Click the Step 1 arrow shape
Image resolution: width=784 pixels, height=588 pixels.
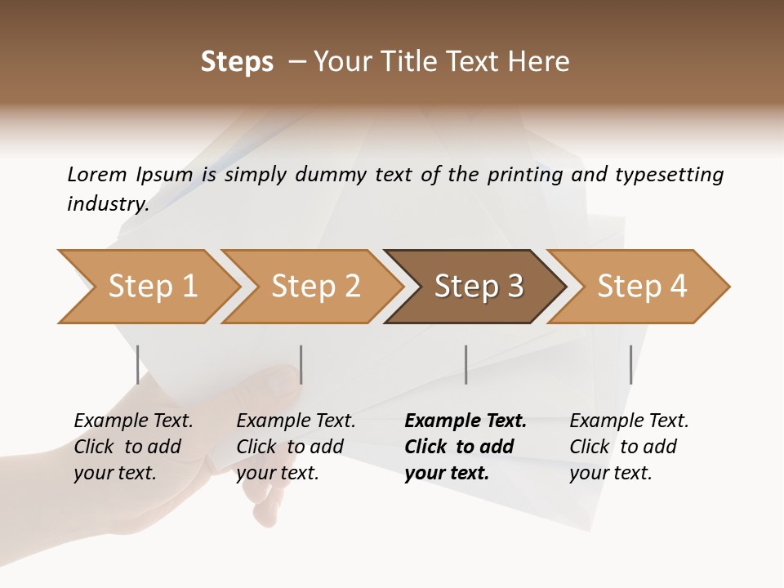coord(151,287)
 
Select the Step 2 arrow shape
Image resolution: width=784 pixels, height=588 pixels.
coord(314,287)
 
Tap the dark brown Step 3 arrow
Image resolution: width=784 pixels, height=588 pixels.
coord(478,287)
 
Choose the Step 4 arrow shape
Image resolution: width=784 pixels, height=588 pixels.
coord(641,287)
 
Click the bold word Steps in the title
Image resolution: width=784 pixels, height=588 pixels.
coord(237,62)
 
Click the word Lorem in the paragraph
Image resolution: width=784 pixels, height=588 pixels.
coord(97,174)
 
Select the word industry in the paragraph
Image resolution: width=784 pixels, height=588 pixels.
coord(108,204)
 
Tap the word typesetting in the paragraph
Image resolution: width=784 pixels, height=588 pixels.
coord(669,174)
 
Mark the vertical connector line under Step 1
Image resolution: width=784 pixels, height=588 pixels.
coord(137,364)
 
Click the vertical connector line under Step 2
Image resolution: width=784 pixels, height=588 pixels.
coord(301,364)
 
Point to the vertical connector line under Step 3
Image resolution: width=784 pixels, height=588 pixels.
coord(465,364)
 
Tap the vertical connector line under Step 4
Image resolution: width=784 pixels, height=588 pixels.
coord(630,364)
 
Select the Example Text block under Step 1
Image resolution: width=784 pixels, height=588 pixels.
coord(133,447)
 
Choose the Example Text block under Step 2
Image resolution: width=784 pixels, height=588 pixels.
coord(296,447)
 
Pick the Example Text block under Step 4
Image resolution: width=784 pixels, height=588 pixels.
coord(628,447)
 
